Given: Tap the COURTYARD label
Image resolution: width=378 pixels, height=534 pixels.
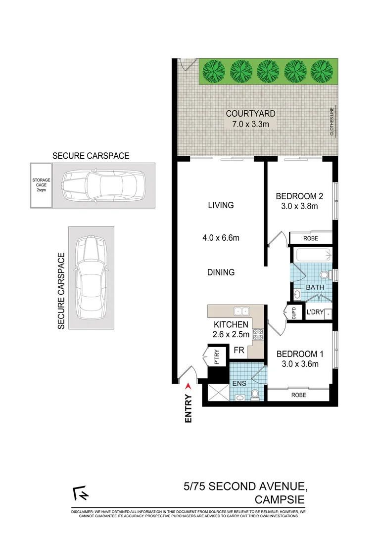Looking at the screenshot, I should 250,114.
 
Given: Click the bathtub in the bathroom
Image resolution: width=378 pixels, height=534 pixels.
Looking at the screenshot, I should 312,256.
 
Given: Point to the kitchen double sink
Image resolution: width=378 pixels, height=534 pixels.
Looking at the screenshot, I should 242,311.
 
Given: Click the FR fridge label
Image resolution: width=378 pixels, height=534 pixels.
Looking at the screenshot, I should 239,350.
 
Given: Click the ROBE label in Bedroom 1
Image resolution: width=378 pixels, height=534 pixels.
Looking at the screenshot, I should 298,395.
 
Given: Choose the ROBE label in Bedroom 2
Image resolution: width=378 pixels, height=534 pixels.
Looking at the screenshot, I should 311,238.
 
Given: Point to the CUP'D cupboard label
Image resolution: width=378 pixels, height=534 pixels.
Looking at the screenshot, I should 293,313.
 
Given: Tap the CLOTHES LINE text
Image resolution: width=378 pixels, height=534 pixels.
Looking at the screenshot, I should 332,121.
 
